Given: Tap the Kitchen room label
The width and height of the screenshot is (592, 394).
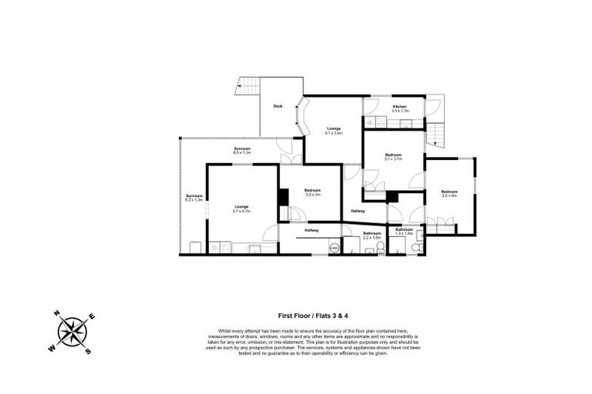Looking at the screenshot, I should point(400,108).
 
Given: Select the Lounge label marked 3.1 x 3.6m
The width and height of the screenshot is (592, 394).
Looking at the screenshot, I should point(334,130).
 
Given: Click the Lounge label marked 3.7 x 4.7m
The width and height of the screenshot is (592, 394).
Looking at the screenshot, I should point(242,208).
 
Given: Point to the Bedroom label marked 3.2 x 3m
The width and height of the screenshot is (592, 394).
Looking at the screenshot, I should point(312,192).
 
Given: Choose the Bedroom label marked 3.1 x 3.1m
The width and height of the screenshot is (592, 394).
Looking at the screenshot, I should point(394,157).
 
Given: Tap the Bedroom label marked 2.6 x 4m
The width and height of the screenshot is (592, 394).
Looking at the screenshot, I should point(449,193).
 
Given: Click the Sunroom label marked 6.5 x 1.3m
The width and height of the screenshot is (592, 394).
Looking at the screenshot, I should point(242,150).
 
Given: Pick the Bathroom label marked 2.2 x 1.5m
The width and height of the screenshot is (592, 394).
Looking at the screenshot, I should point(373,235).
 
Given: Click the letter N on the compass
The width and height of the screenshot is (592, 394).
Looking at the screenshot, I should point(56,313).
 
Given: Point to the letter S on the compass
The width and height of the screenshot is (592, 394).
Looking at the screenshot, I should point(89,352).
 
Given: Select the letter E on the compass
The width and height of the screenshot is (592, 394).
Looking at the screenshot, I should point(93,317).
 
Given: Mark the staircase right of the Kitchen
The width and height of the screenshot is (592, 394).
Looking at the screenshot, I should point(436,135).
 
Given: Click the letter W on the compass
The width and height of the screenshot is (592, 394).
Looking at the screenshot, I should point(52,348).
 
